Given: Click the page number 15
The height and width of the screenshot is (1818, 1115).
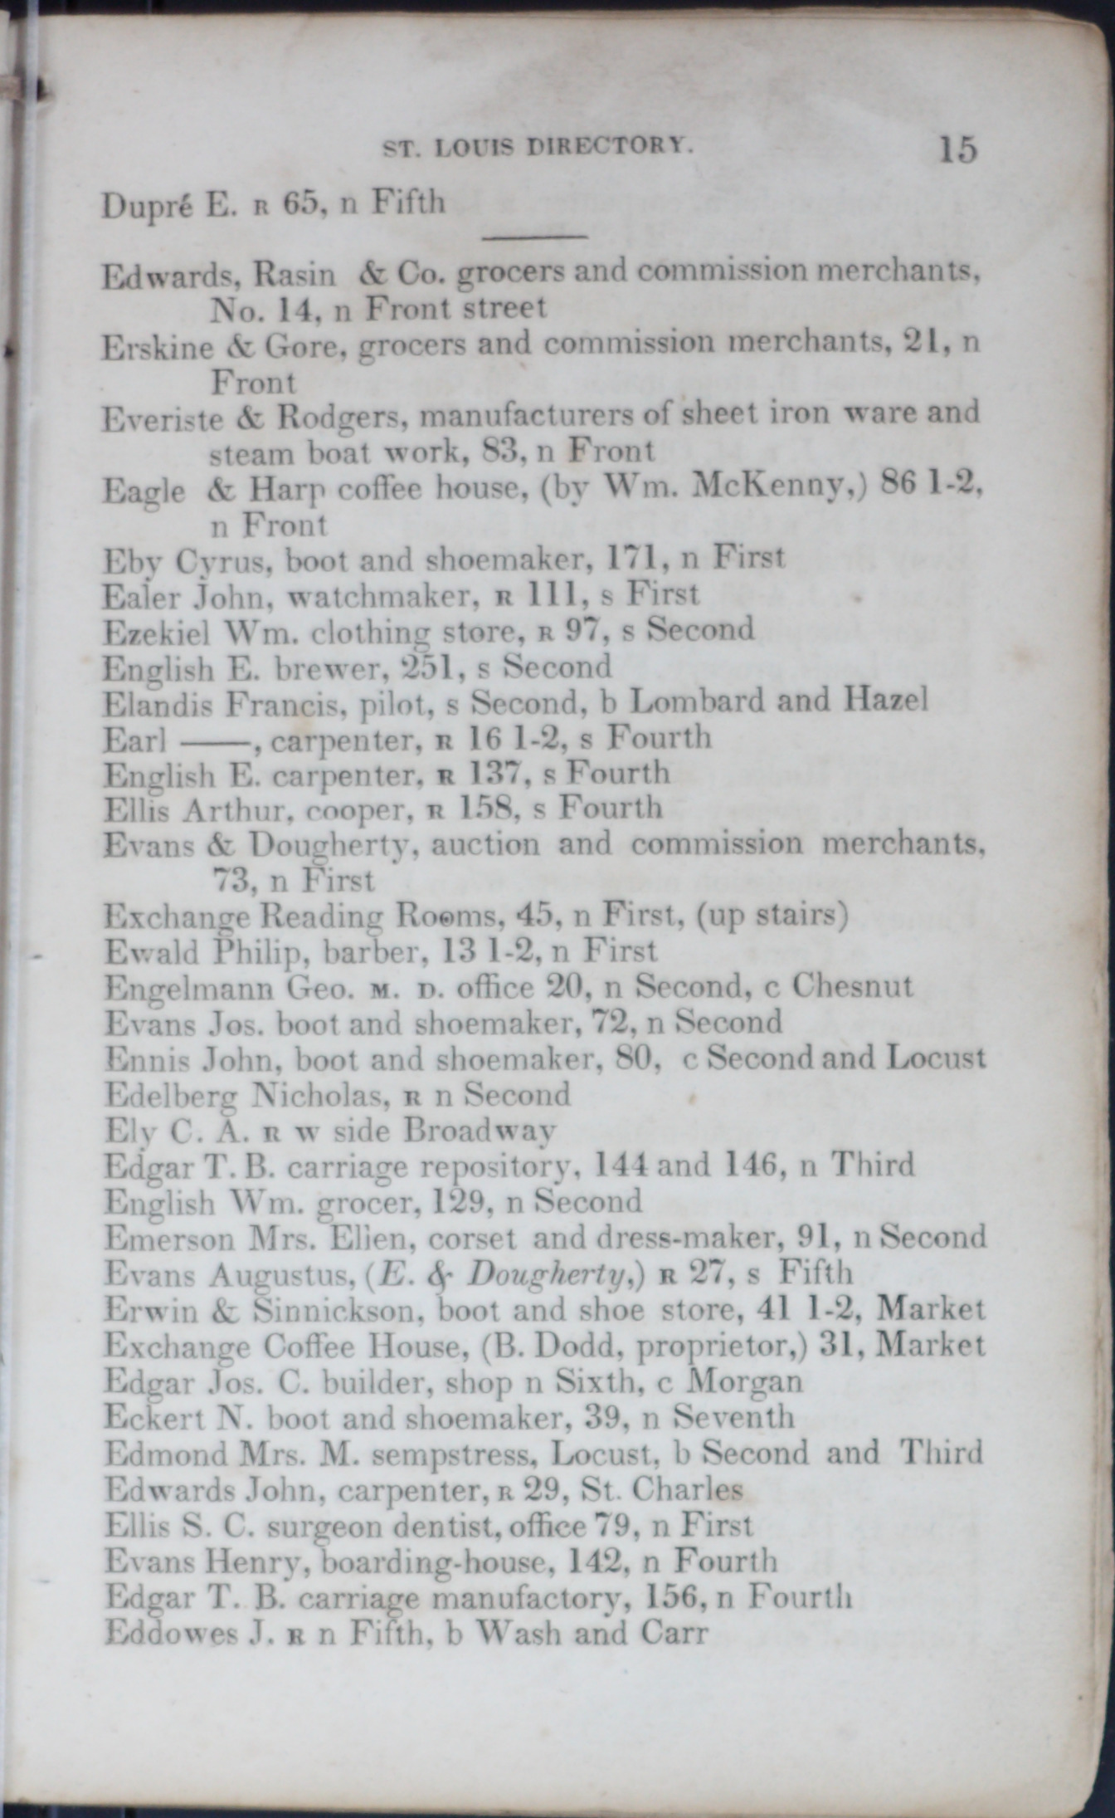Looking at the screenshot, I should [958, 150].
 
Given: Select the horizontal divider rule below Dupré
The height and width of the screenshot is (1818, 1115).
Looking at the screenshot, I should [534, 238].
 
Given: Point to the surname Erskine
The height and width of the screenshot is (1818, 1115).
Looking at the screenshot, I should [156, 347].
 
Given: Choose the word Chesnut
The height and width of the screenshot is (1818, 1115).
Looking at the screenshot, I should [851, 986].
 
